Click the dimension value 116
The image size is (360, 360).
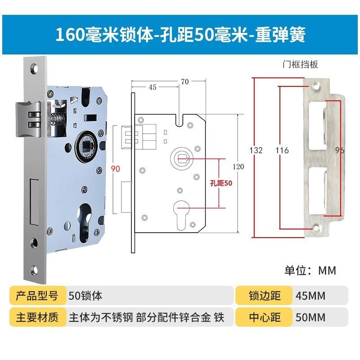tap(282, 150)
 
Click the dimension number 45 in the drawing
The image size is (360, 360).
tap(152, 87)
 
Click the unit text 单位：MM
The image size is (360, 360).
tap(310, 270)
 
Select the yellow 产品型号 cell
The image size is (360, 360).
tap(37, 296)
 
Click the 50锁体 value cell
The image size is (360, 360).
tap(150, 296)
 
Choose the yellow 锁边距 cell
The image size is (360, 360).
tap(265, 296)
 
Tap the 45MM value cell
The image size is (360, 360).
tap(320, 296)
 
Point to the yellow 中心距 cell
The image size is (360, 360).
tap(265, 317)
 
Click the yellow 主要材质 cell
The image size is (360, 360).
tap(37, 317)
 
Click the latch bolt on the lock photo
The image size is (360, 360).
tap(28, 117)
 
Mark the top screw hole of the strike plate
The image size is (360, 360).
tap(315, 84)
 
